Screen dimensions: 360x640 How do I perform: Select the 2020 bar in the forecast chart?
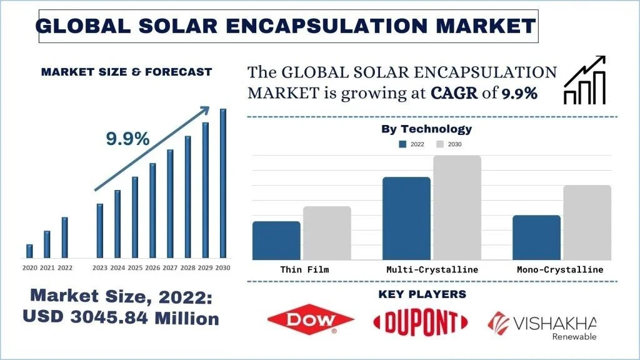(x=29, y=251)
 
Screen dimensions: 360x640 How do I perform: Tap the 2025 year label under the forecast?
(x=135, y=267)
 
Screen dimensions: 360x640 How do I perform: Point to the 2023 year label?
(x=99, y=267)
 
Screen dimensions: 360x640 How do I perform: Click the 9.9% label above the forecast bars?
(x=127, y=139)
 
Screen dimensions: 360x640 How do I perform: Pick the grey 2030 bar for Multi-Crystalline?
(x=457, y=207)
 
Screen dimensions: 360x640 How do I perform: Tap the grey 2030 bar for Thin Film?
(x=327, y=233)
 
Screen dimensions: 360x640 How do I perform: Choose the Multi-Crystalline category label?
(x=432, y=269)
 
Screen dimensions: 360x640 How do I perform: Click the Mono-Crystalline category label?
(x=560, y=269)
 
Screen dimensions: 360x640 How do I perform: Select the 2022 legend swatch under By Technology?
(x=403, y=144)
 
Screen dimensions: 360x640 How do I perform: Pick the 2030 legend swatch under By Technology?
(x=439, y=144)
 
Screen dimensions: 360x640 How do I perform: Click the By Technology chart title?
(x=426, y=129)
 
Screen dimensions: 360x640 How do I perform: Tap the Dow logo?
(x=311, y=321)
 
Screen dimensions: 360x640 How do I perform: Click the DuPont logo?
(x=420, y=322)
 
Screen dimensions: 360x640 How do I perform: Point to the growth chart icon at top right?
(x=585, y=80)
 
